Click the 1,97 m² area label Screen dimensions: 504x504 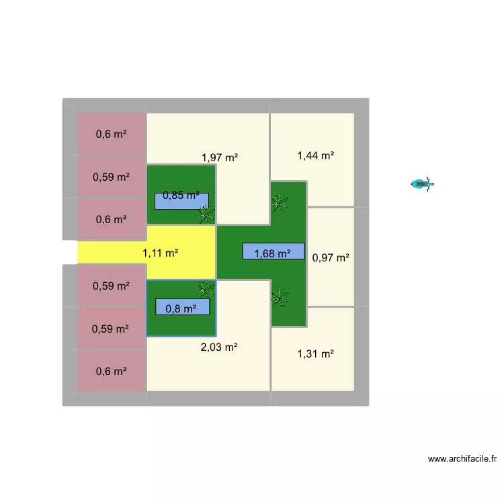coord(220,157)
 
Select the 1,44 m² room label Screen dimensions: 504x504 coord(316,156)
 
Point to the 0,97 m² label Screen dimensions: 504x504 coord(331,257)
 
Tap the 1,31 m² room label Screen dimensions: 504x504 coord(316,353)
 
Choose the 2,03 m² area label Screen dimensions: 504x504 coord(219,347)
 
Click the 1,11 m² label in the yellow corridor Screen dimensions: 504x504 coord(160,253)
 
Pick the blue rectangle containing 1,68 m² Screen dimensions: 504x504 coord(274,251)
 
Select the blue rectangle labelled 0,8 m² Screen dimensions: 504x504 coord(183,306)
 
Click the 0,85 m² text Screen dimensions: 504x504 coord(181,195)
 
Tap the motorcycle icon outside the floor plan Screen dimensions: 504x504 coord(423,184)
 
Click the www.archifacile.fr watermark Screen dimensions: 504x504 coord(462,459)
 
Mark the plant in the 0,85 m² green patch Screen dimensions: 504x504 coord(206,214)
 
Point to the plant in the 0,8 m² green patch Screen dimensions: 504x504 coord(206,289)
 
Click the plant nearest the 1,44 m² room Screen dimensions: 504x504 coord(280,203)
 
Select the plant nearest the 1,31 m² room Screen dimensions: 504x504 coord(280,297)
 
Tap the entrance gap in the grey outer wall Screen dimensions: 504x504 coord(70,252)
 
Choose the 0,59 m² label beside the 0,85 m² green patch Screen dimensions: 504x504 coord(111,177)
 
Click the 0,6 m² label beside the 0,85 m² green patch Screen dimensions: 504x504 coord(111,220)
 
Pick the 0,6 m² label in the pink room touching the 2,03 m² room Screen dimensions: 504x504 coord(111,371)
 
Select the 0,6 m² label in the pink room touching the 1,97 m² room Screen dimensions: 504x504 coord(111,134)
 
